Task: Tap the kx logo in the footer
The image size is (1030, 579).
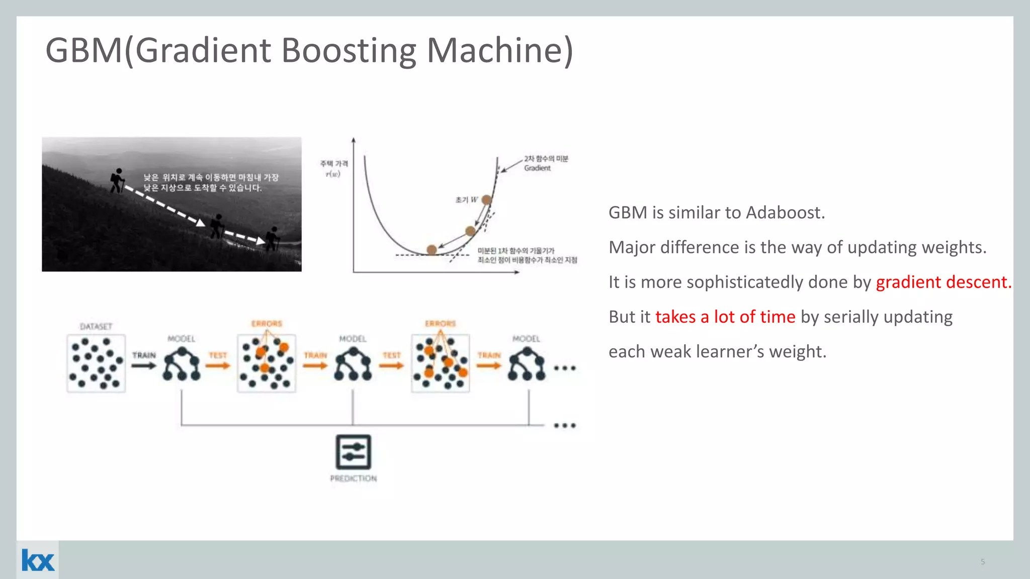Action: click(x=38, y=560)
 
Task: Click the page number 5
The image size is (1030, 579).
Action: click(x=982, y=561)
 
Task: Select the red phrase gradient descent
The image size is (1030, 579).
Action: click(x=943, y=282)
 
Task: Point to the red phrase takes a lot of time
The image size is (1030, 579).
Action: click(x=725, y=317)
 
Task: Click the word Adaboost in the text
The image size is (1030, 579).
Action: click(x=785, y=213)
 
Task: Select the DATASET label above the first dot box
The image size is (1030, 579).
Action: click(x=96, y=327)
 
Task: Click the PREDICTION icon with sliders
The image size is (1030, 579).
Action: click(x=353, y=452)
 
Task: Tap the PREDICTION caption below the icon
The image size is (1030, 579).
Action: click(x=353, y=478)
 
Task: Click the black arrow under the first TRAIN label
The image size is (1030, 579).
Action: click(x=144, y=365)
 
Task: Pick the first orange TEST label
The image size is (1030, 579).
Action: click(x=218, y=355)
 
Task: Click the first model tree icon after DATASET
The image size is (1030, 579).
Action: click(x=182, y=364)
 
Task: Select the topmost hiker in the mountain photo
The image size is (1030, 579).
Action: click(x=117, y=180)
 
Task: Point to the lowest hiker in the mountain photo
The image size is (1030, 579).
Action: click(x=273, y=239)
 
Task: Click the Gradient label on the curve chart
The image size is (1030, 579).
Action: click(x=537, y=168)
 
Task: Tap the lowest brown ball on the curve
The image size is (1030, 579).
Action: click(x=432, y=249)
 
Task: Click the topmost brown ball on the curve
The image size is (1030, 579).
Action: click(x=486, y=200)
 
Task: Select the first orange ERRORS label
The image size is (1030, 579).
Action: click(x=267, y=324)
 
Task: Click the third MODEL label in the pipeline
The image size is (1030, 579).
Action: click(x=526, y=339)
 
